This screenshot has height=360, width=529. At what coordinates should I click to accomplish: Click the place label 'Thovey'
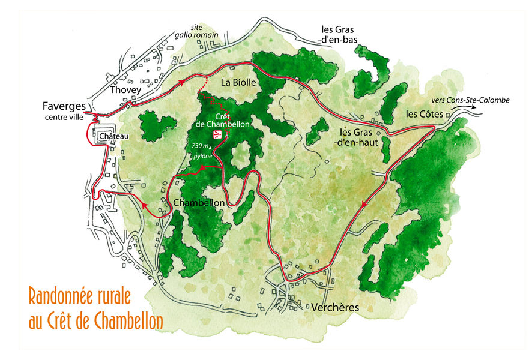click(x=125, y=90)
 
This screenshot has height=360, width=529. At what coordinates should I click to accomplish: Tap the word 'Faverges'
click(x=64, y=105)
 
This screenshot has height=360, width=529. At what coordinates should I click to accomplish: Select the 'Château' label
click(x=115, y=136)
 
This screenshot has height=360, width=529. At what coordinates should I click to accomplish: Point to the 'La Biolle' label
click(x=240, y=82)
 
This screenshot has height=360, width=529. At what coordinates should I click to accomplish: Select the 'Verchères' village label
click(x=334, y=307)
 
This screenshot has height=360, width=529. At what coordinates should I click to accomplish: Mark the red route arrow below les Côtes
click(x=364, y=205)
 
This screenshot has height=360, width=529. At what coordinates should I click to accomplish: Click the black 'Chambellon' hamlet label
click(x=199, y=203)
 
